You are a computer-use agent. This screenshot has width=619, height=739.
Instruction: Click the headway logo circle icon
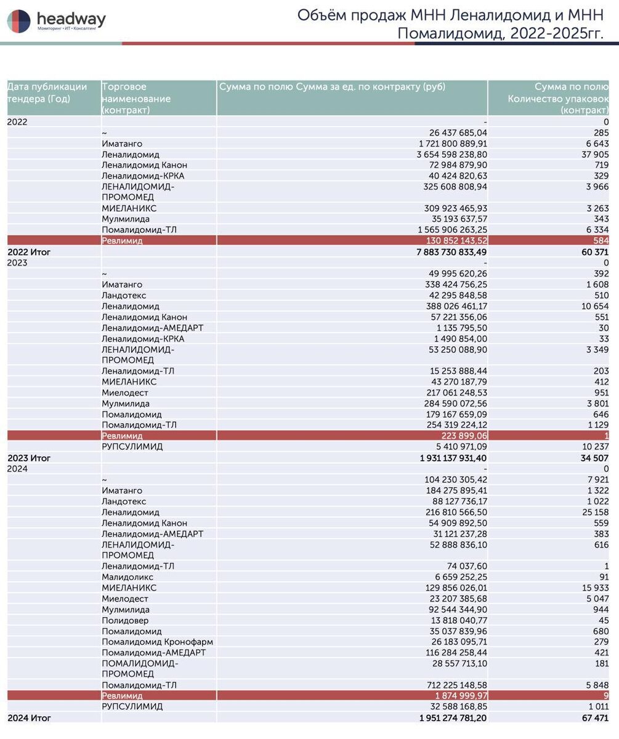(18, 21)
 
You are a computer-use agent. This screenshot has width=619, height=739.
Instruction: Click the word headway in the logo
(71, 18)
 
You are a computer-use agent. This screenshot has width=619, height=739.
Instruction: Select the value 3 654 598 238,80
(451, 155)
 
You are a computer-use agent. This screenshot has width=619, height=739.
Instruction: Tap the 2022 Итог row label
(29, 252)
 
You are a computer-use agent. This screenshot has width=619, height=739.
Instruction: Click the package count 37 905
(595, 155)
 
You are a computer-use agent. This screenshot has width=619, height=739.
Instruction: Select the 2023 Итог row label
(29, 458)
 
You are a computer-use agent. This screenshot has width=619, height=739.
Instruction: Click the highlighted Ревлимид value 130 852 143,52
(456, 241)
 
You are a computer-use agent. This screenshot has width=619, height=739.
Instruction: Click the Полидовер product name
(124, 620)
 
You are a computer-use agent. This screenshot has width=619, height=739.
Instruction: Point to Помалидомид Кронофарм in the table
(157, 642)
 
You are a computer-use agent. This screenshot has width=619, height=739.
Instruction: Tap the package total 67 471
(595, 718)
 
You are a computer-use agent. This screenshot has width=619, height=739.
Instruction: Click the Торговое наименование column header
(136, 98)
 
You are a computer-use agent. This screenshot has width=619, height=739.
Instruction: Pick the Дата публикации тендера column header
(47, 92)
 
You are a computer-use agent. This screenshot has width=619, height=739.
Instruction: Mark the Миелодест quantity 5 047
(596, 599)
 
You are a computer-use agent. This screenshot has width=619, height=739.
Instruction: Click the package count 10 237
(595, 446)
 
